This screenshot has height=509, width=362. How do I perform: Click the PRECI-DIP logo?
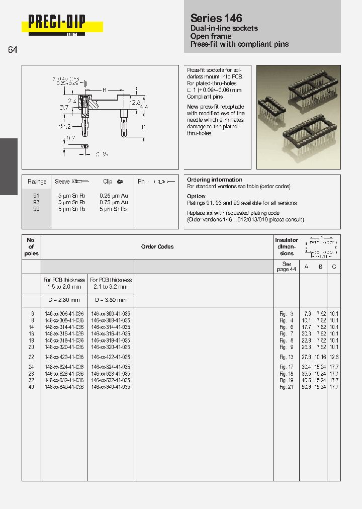pyautogui.click(x=57, y=22)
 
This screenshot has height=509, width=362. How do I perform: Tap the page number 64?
pyautogui.click(x=13, y=50)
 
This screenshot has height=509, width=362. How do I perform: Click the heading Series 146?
pyautogui.click(x=216, y=18)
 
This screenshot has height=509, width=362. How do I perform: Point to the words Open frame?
pyautogui.click(x=211, y=36)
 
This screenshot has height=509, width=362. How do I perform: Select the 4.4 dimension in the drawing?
pyautogui.click(x=143, y=107)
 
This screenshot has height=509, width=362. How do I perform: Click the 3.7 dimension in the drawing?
pyautogui.click(x=64, y=107)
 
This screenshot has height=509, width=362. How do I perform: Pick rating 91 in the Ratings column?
pyautogui.click(x=36, y=195)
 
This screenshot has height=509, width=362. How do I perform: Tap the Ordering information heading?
pyautogui.click(x=214, y=180)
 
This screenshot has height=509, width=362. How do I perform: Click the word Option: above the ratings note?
pyautogui.click(x=197, y=196)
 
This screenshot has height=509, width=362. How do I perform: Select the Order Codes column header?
pyautogui.click(x=157, y=247)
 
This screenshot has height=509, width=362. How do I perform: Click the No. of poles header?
pyautogui.click(x=31, y=247)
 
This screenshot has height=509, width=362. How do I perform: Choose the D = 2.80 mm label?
pyautogui.click(x=64, y=300)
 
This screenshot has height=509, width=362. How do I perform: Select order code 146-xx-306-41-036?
pyautogui.click(x=64, y=313)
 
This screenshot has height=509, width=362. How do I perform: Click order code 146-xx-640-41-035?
pyautogui.click(x=111, y=387)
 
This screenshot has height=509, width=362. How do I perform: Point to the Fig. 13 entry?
pyautogui.click(x=286, y=357)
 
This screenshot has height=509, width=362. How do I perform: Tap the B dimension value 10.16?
pyautogui.click(x=320, y=357)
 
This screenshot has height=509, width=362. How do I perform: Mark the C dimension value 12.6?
pyautogui.click(x=334, y=357)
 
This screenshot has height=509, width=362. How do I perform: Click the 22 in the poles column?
pyautogui.click(x=31, y=357)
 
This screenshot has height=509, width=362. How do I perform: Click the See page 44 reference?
pyautogui.click(x=286, y=267)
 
